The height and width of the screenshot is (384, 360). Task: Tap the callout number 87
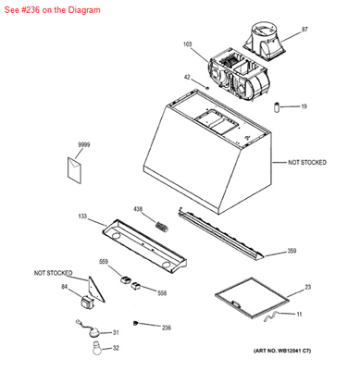tap(304, 31)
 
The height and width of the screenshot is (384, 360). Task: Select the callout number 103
tap(187, 45)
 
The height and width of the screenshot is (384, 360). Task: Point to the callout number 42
tap(187, 78)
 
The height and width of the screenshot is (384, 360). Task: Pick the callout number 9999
tap(83, 145)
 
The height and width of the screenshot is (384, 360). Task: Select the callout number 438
tap(138, 209)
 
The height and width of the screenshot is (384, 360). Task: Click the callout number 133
tap(82, 217)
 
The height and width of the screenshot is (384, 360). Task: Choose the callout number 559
tap(104, 261)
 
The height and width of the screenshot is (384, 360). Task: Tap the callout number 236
tap(166, 328)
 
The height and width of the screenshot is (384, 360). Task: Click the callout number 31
tap(115, 332)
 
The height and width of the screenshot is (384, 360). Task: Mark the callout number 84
tap(65, 287)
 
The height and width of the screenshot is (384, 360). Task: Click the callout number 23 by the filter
tap(308, 288)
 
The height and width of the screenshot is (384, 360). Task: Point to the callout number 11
tap(299, 315)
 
